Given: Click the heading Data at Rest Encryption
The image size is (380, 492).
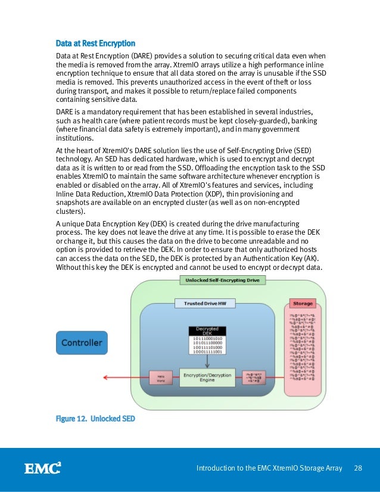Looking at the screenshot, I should pos(95,43).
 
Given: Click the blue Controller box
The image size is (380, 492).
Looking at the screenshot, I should pos(82,343).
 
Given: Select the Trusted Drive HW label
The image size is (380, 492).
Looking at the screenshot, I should pos(205,304).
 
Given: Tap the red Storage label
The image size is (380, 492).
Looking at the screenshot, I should pos(301,304).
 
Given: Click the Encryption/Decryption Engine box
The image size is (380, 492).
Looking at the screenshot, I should pos(207,376).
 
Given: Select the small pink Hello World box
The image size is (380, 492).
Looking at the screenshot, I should pos(161,378).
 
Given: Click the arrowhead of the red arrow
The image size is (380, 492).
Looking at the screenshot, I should pos(105,377).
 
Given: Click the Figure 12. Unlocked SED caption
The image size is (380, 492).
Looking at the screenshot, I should pos(95,419).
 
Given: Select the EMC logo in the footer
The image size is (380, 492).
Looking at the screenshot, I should pos(42,468).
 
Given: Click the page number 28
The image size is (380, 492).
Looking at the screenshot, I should pos(359,468).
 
